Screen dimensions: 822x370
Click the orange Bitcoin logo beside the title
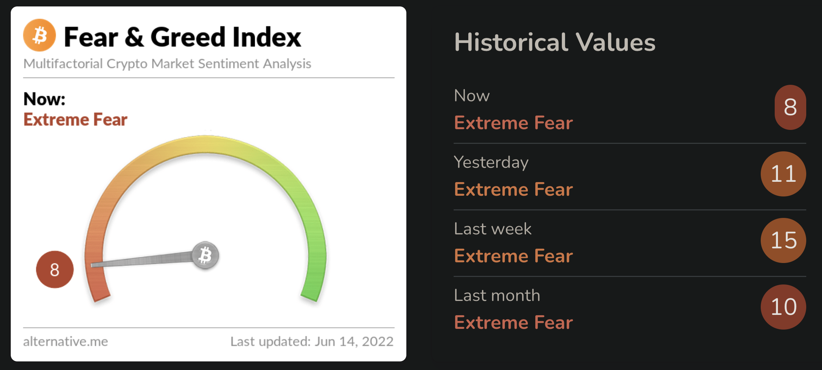tap(39, 35)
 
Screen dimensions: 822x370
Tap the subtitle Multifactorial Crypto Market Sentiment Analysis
tap(167, 64)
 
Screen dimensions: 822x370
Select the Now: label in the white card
tap(44, 99)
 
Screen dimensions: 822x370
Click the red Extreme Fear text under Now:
tap(75, 120)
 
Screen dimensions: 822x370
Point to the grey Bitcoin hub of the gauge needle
tap(205, 255)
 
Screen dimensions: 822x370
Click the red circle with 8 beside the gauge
tap(55, 269)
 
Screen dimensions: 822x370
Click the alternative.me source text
tap(66, 341)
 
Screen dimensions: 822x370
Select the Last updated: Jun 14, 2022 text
tap(312, 341)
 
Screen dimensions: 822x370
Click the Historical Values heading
tap(555, 42)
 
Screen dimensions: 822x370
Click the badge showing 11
tap(783, 174)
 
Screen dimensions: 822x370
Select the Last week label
tap(493, 229)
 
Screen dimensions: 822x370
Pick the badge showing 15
tap(783, 240)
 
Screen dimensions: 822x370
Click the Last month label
tap(497, 295)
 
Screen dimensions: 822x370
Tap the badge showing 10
tap(783, 307)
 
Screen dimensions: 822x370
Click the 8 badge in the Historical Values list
tap(790, 107)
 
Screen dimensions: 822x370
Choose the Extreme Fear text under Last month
tap(513, 322)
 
